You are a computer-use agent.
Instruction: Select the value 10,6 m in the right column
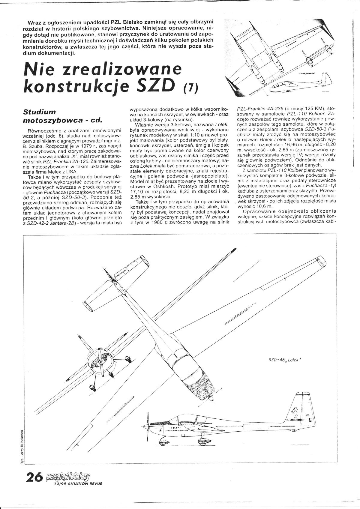pos(263,207)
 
